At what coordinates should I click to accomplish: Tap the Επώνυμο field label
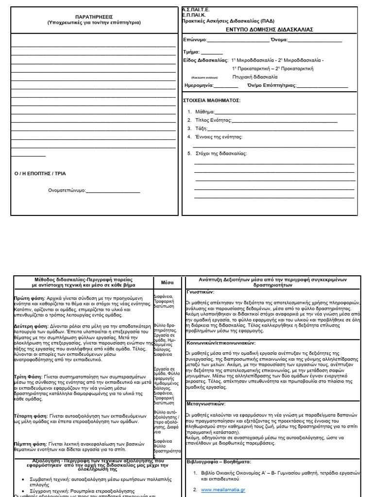tap(195, 40)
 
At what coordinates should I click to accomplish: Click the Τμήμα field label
tap(191, 51)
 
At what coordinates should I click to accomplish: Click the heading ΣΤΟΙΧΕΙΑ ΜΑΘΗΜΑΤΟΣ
tap(211, 100)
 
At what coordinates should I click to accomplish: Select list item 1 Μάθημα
tap(205, 112)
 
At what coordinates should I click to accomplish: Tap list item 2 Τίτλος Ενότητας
tap(213, 120)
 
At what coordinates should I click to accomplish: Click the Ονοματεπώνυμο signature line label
tap(67, 190)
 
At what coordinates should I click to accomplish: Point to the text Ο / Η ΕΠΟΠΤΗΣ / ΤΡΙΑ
tap(40, 173)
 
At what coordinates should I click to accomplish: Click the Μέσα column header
tap(167, 282)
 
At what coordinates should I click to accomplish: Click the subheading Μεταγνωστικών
tap(206, 404)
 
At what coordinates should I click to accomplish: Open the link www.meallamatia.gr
tap(222, 490)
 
